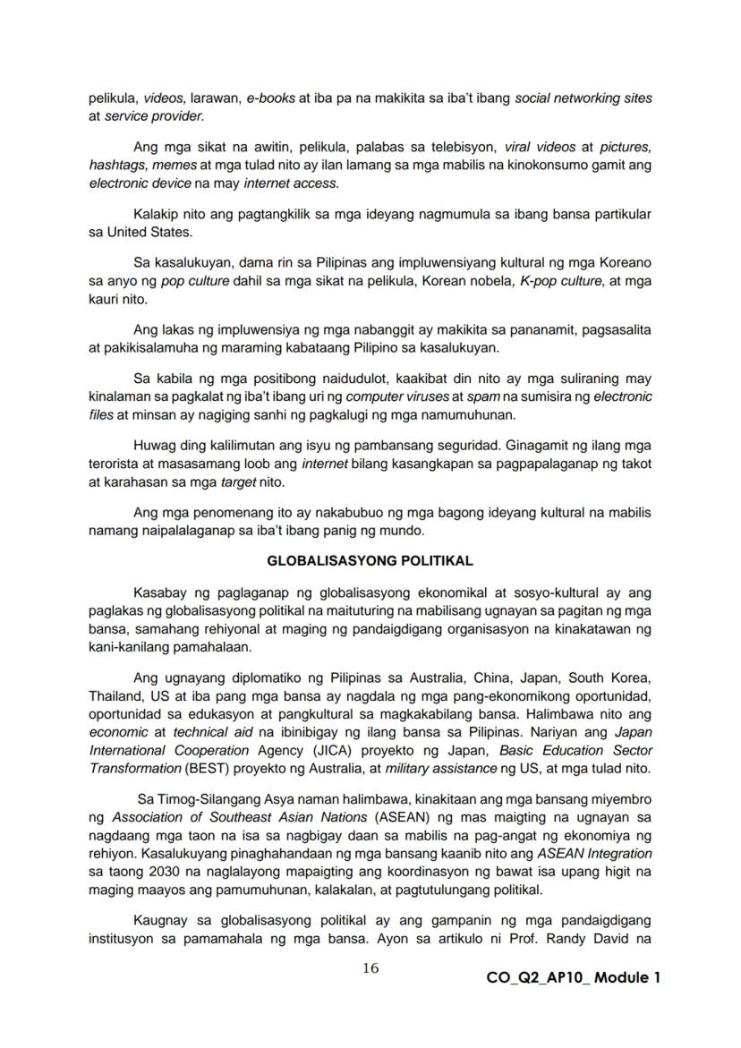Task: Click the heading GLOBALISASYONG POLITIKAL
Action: (370, 561)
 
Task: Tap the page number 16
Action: (370, 968)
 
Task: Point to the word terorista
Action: (114, 463)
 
